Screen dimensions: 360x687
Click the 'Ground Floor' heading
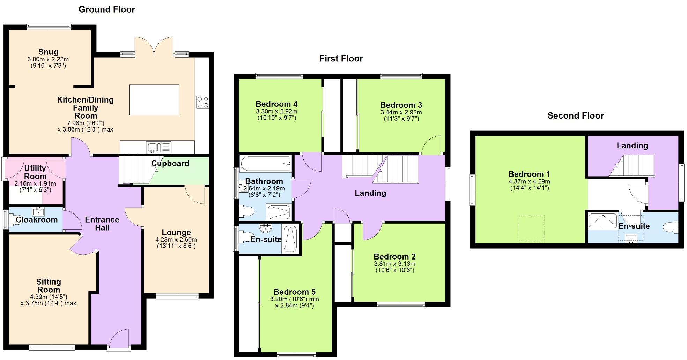tap(106, 9)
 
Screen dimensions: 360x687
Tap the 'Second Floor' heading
tap(575, 116)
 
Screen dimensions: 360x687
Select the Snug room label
tap(48, 52)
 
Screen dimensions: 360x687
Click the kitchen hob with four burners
tap(202, 102)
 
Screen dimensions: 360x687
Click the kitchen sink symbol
tap(153, 147)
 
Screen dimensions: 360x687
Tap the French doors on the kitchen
tap(154, 47)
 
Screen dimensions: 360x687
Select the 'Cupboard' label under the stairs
tap(170, 163)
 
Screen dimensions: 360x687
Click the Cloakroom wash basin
tap(37, 211)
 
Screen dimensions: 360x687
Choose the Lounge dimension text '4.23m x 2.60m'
tap(176, 240)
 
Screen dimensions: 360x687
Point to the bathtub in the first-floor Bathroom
tap(266, 163)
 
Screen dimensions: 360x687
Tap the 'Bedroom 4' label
tap(276, 104)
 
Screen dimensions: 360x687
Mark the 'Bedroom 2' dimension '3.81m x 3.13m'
tap(394, 264)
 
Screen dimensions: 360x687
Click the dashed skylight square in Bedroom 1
tap(531, 227)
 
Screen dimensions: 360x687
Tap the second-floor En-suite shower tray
tap(603, 221)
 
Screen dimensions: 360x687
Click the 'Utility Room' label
tap(35, 172)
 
